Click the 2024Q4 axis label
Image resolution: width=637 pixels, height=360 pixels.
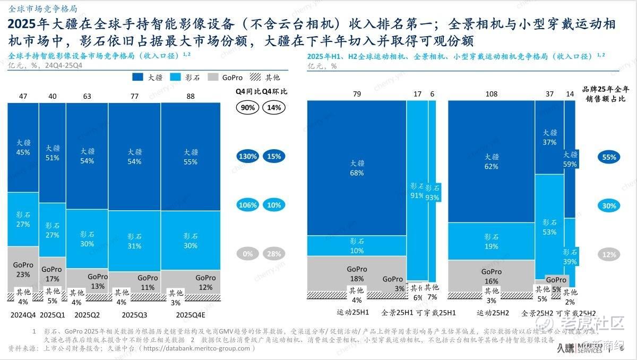tap(23, 315)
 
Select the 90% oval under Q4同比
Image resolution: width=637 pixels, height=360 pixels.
tap(248, 107)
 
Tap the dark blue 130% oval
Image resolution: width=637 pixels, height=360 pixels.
tap(248, 157)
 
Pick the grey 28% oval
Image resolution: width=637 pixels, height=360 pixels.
tap(274, 254)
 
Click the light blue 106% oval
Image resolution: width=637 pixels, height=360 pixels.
tap(248, 205)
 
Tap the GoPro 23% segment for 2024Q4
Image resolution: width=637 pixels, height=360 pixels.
tap(23, 269)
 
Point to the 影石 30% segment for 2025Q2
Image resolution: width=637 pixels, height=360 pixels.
tap(87, 239)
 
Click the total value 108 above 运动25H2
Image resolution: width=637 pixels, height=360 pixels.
tap(492, 95)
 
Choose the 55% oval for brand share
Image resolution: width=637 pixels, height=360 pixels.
tap(608, 157)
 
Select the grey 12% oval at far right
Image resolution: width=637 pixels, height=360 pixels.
tap(608, 254)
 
